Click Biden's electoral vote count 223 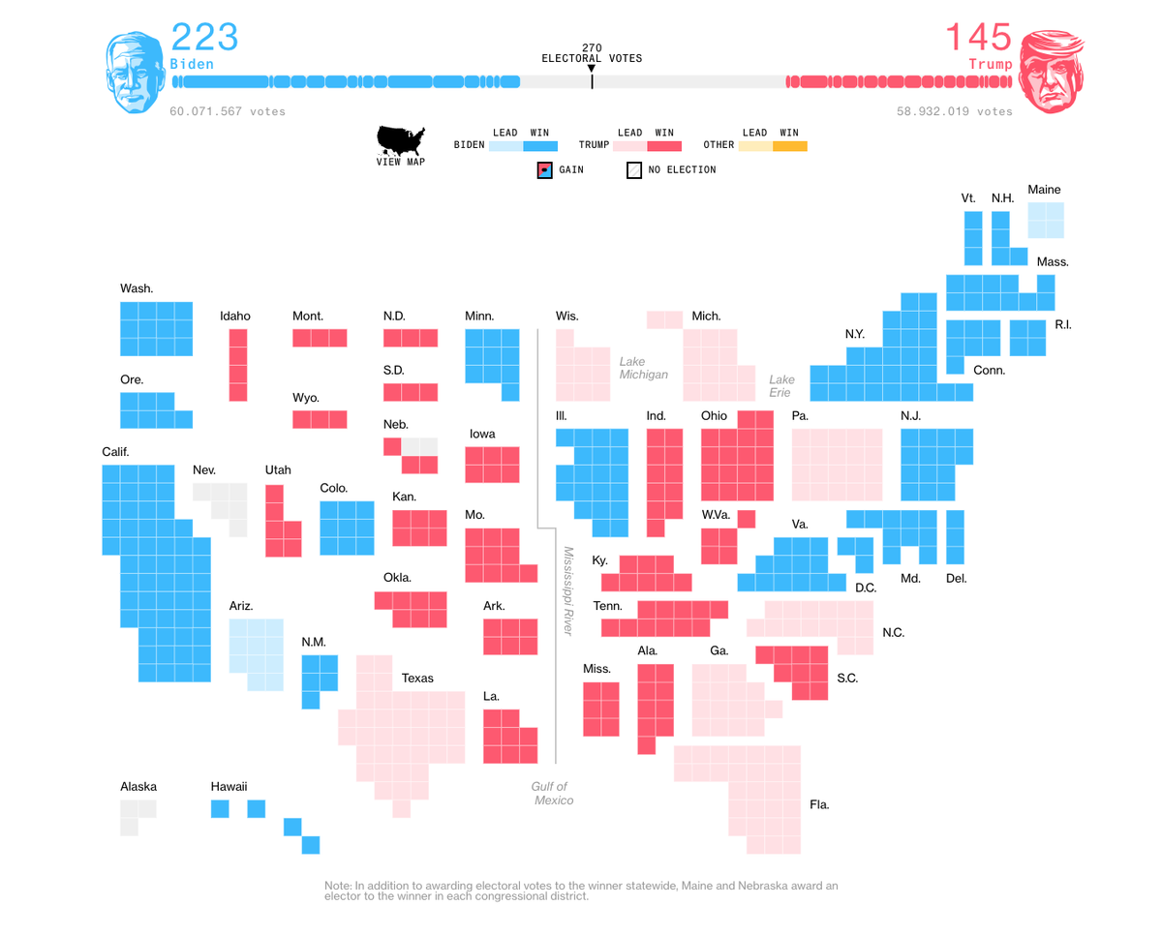pos(204,38)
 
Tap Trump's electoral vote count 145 pos(978,38)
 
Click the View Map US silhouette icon pos(400,141)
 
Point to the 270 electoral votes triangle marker pos(592,68)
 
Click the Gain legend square pos(544,170)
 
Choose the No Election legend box pos(634,170)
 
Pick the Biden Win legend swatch pos(540,146)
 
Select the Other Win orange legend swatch pos(789,146)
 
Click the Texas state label pos(417,679)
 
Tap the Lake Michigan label pos(644,368)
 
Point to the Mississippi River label pos(568,590)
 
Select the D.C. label pos(865,588)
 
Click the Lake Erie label pos(781,386)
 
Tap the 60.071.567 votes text pos(228,111)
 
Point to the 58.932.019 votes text pos(954,111)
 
